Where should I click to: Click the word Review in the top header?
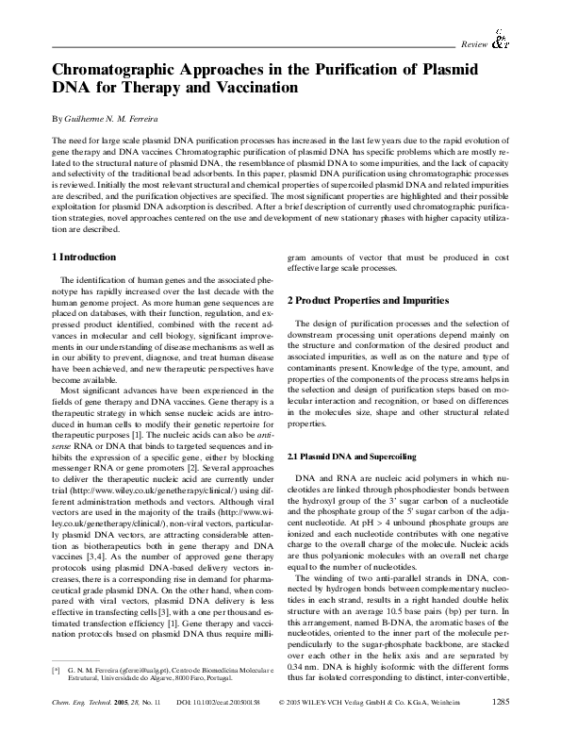coord(474,44)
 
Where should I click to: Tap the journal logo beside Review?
coord(502,42)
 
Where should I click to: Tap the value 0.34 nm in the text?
coord(303,663)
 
